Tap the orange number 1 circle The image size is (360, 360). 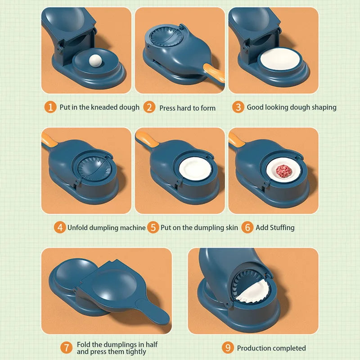point(50,107)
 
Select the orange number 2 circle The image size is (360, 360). point(149,107)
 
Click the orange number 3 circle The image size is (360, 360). point(238,107)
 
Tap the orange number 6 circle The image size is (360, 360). point(247,227)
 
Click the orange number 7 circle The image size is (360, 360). point(67,348)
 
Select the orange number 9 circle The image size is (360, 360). point(228,348)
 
